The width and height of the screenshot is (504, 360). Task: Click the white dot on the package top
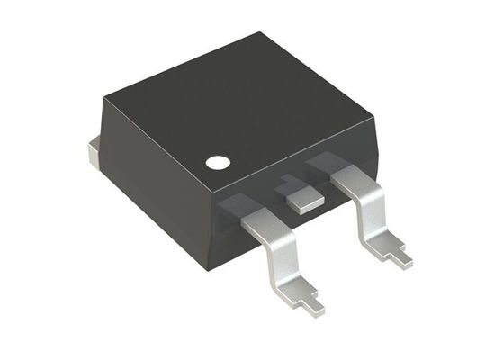(x=217, y=163)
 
